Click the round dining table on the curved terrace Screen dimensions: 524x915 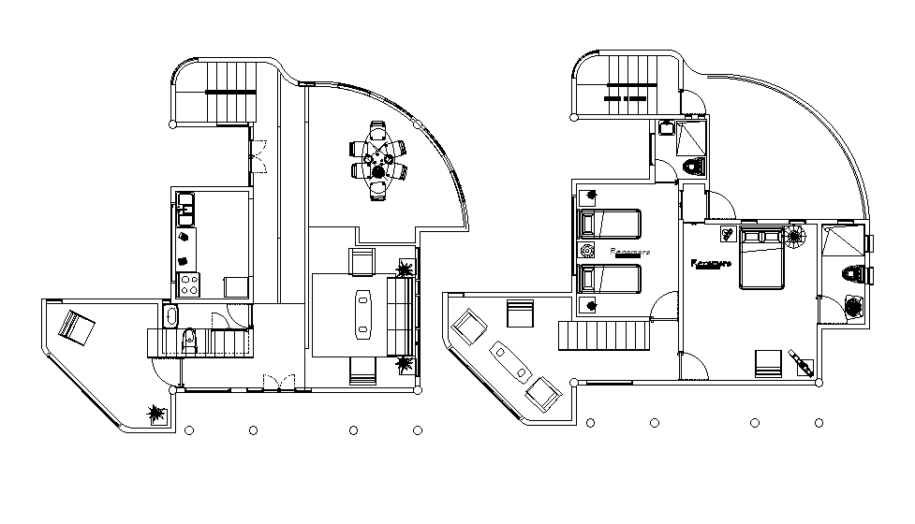[378, 160]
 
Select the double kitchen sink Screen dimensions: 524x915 [185, 208]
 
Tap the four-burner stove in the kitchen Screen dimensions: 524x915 [188, 284]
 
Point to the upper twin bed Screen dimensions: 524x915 [609, 226]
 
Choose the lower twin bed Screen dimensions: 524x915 [609, 279]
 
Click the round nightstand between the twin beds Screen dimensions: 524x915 [587, 252]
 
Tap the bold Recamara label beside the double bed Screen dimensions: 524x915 [710, 264]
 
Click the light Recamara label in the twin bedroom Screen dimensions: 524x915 [629, 253]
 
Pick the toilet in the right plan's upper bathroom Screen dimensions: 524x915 [693, 167]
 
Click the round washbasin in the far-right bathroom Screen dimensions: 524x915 [853, 308]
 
